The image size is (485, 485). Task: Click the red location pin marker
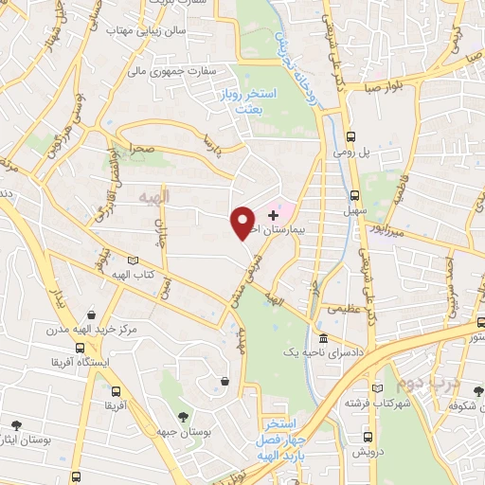pyautogui.click(x=242, y=222)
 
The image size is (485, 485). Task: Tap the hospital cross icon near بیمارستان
pyautogui.click(x=274, y=217)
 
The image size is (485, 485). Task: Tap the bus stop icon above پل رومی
pyautogui.click(x=351, y=135)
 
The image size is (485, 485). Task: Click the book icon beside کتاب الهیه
pyautogui.click(x=133, y=260)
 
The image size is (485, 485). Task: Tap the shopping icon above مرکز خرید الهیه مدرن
pyautogui.click(x=89, y=314)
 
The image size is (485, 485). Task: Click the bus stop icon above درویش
pyautogui.click(x=369, y=438)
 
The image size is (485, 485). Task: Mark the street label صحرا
pyautogui.click(x=142, y=151)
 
